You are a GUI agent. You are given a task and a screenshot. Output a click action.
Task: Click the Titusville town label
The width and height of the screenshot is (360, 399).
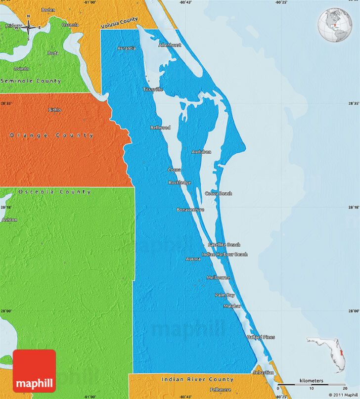pyautogui.click(x=153, y=89)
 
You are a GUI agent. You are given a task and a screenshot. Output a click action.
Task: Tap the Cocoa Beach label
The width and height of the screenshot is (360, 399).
pyautogui.click(x=219, y=194)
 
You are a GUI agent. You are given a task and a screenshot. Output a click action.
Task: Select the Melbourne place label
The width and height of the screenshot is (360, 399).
pyautogui.click(x=218, y=278)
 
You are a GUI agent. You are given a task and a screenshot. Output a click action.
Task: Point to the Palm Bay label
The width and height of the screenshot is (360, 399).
pyautogui.click(x=225, y=295)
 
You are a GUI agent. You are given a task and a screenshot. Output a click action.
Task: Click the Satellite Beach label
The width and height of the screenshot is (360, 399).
pyautogui.click(x=224, y=245)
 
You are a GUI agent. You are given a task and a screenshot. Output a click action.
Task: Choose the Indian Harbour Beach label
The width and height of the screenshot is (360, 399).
pyautogui.click(x=225, y=255)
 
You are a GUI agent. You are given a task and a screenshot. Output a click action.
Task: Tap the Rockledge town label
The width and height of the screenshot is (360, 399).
pyautogui.click(x=180, y=182)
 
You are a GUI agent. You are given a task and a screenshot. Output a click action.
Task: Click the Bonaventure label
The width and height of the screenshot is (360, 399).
pyautogui.click(x=190, y=210)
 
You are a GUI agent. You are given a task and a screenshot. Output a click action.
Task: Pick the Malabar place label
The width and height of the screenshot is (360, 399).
pyautogui.click(x=232, y=307)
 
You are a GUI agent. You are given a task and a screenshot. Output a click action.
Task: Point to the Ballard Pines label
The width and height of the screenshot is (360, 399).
pyautogui.click(x=261, y=337)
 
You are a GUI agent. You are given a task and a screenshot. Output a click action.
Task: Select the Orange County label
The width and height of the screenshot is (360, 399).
pyautogui.click(x=51, y=135)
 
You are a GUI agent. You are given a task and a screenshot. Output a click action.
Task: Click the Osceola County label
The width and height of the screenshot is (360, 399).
pyautogui.click(x=54, y=192)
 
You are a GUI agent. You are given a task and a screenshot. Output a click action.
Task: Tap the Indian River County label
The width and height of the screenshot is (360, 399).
pyautogui.click(x=197, y=379)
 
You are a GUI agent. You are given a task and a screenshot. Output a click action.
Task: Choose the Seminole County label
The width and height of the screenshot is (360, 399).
pyautogui.click(x=31, y=81)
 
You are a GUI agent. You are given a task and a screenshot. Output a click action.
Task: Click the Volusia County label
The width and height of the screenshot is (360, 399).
pyautogui.click(x=119, y=23)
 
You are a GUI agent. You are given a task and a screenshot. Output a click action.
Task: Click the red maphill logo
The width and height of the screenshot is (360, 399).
pyautogui.click(x=34, y=371)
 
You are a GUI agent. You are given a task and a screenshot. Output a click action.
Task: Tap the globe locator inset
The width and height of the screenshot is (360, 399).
pyautogui.click(x=335, y=25)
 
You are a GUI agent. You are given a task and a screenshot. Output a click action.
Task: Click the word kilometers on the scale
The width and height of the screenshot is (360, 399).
pyautogui.click(x=311, y=381)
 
